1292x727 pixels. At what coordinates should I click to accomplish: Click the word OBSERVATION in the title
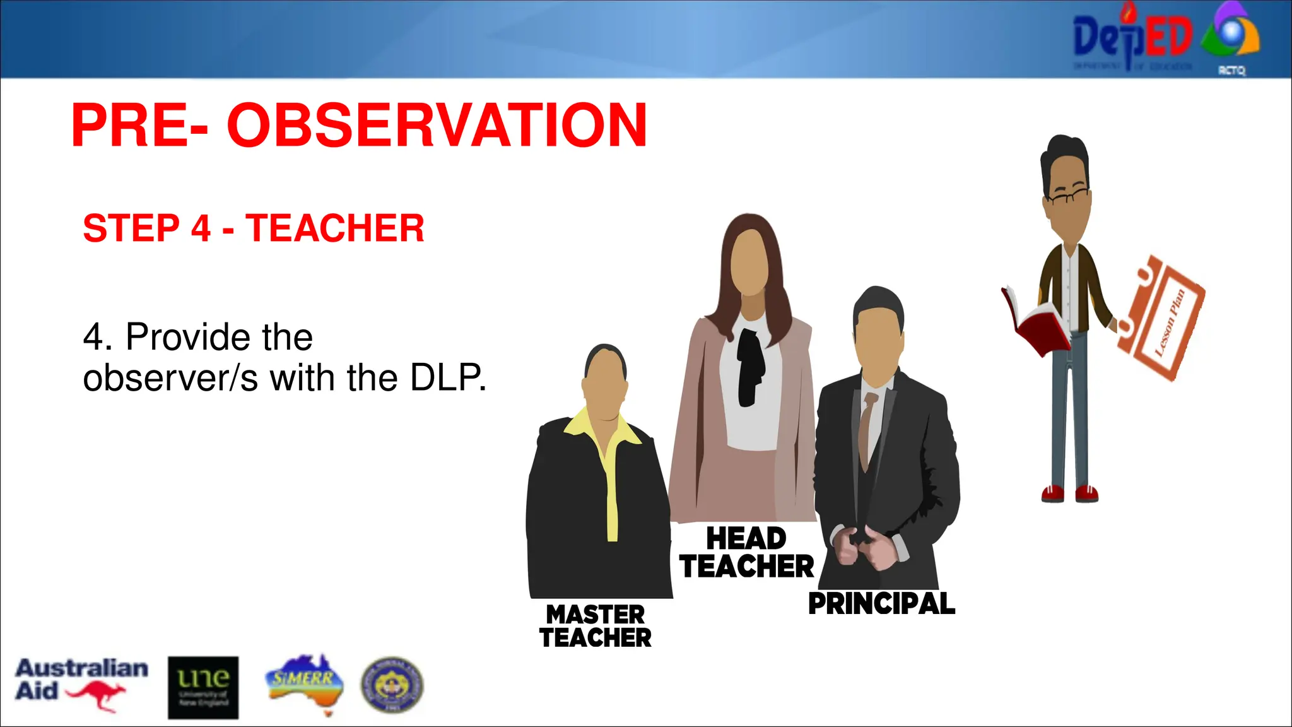coord(437,126)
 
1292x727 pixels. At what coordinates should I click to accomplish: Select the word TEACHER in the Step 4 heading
coord(335,228)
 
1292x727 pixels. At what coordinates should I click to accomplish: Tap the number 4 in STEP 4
coord(201,228)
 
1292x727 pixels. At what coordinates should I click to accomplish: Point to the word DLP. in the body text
coord(448,378)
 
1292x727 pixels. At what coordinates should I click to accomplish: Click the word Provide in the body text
coord(219,337)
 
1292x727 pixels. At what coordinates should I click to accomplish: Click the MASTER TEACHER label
coord(596,625)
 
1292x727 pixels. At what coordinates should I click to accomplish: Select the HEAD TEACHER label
coord(747,553)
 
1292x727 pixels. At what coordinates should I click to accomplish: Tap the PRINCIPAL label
coord(881,603)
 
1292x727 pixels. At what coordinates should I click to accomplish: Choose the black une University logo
coord(203,687)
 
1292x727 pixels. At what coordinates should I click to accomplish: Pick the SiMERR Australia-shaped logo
coord(305,683)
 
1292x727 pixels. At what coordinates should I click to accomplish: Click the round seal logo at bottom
coord(392,685)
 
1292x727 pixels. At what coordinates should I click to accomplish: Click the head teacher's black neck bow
coord(751,366)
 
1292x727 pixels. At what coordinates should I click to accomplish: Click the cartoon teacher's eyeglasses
coord(1067,197)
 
